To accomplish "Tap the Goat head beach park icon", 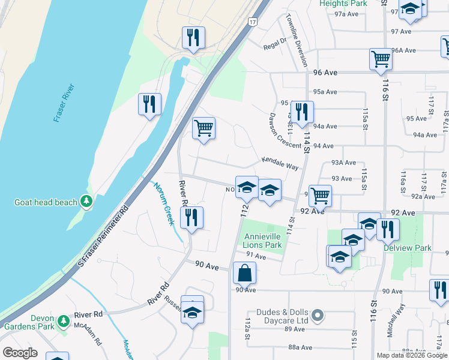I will (88, 202).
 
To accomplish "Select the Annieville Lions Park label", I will (262, 241).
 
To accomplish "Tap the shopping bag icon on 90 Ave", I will (245, 273).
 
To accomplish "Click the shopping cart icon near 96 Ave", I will (381, 59).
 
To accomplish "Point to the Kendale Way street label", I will (280, 163).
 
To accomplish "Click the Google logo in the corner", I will (20, 353).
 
